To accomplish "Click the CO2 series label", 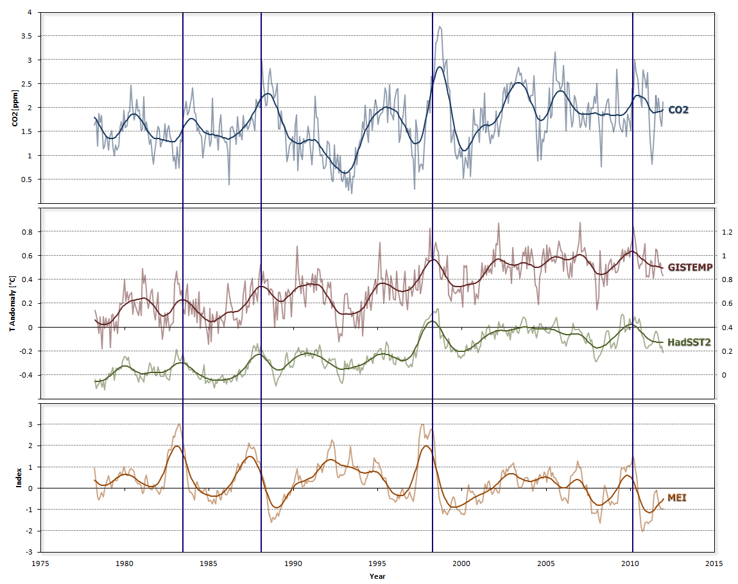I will [679, 110].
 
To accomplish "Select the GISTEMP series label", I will [690, 267].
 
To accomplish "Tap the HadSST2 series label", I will [689, 342].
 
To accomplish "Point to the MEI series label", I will [677, 497].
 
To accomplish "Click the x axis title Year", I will [377, 576].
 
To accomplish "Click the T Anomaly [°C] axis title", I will [12, 303].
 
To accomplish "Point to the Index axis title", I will [19, 478].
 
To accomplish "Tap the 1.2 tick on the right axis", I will [726, 231].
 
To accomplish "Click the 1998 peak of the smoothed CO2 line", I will [440, 67].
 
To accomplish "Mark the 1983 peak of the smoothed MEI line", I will [176, 446].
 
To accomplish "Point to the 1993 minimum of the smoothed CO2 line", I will [345, 172].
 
